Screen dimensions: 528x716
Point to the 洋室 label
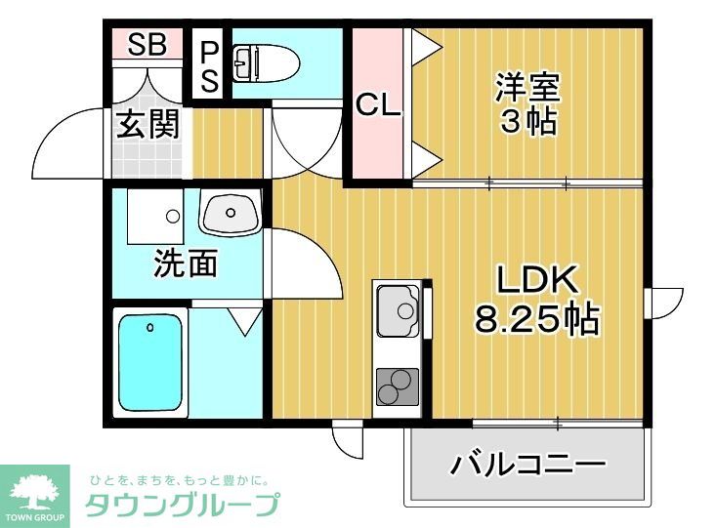527,88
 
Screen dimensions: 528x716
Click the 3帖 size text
527,123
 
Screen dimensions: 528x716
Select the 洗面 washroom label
185,264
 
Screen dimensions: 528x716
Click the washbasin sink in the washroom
232,212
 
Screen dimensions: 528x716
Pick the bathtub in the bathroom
151,362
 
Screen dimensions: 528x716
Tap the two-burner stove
397,386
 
